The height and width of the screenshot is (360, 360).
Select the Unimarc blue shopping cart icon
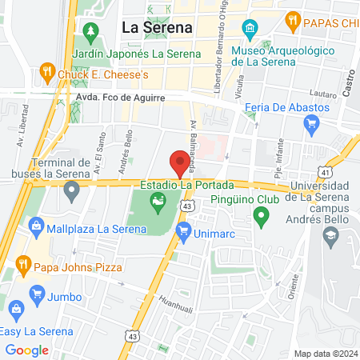[x=184, y=233]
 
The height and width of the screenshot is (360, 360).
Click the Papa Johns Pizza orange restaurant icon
[x=25, y=265]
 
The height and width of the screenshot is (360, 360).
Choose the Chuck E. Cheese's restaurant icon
[x=47, y=74]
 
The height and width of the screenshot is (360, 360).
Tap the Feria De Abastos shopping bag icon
[x=312, y=123]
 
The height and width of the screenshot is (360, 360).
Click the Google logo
[x=27, y=350]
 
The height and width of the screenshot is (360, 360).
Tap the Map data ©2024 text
[x=324, y=353]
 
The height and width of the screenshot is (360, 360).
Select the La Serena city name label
[x=157, y=26]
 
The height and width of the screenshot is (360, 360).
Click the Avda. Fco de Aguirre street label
[x=110, y=98]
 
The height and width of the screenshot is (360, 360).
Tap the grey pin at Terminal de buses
[x=72, y=190]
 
